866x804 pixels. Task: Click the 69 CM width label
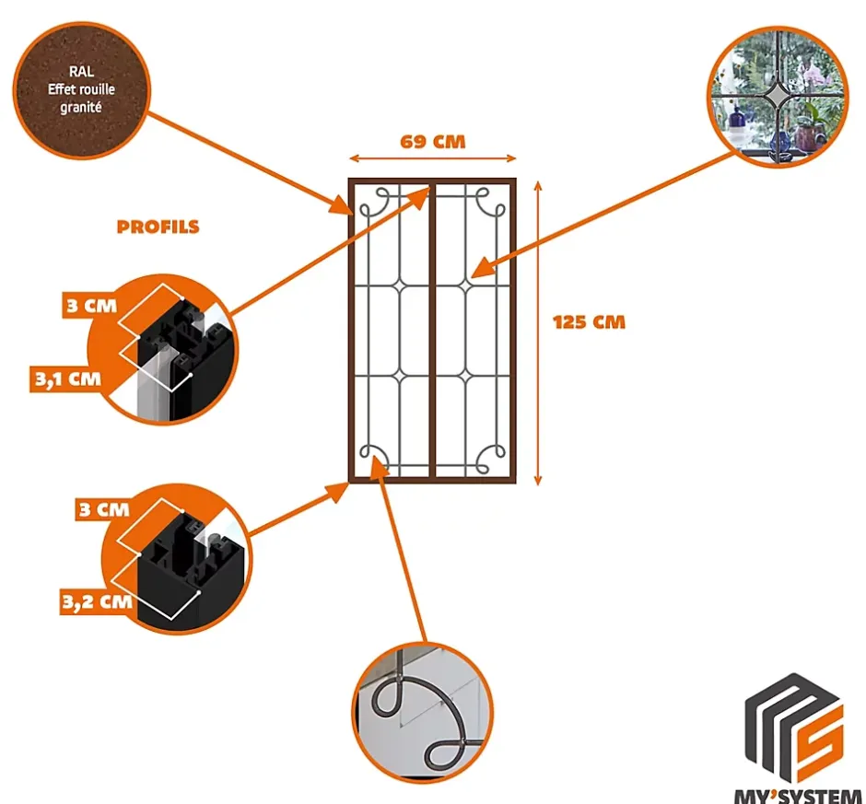point(432,142)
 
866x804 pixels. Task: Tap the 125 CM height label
point(589,322)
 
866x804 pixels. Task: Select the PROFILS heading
point(158,227)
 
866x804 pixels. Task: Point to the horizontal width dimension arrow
point(432,158)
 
